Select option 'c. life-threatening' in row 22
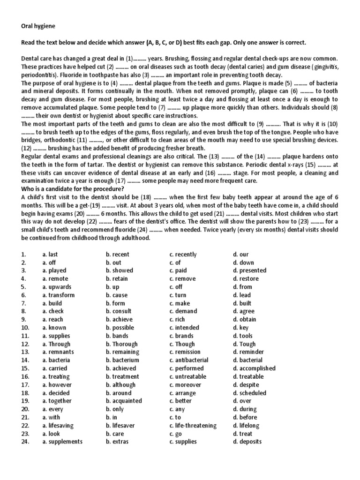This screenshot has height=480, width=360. [193, 426]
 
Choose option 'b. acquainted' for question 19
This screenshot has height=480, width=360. [124, 401]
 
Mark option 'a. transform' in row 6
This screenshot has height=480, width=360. [58, 295]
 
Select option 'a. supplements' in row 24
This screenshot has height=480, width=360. [62, 442]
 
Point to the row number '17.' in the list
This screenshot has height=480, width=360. [25, 384]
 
